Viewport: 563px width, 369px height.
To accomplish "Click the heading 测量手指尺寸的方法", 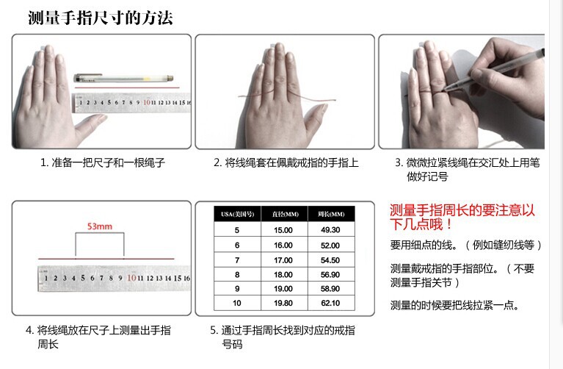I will click(101, 18).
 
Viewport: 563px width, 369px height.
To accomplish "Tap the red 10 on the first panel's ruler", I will click(147, 102).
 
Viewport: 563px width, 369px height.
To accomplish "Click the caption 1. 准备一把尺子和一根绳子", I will click(102, 162).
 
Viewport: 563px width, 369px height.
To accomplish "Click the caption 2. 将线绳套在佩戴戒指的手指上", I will click(286, 162).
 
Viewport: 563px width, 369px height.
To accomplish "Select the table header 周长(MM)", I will click(330, 214).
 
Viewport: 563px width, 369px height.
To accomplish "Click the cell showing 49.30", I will click(330, 230).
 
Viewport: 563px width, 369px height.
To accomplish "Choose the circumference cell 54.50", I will click(330, 259).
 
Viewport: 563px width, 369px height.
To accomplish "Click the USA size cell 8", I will click(237, 274).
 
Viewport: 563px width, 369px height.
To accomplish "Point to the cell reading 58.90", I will click(330, 289).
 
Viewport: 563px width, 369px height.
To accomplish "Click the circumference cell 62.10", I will click(330, 303).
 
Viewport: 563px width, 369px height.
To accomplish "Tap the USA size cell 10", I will click(237, 303).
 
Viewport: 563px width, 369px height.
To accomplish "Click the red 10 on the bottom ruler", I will click(130, 278).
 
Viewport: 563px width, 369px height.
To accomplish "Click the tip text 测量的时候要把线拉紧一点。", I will click(454, 305).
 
